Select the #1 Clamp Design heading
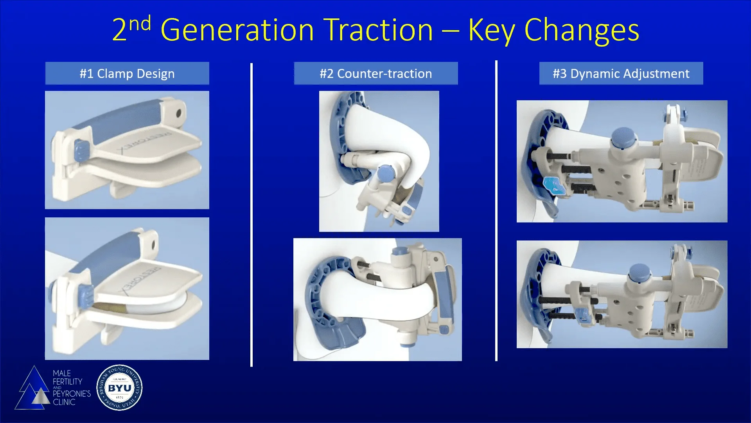(127, 74)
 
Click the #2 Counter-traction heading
(375, 74)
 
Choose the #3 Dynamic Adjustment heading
(621, 74)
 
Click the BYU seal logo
(119, 388)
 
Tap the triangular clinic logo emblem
(33, 390)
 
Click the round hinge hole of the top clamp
(179, 114)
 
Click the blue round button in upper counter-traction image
(386, 174)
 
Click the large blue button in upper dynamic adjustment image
(623, 137)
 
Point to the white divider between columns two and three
(496, 211)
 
